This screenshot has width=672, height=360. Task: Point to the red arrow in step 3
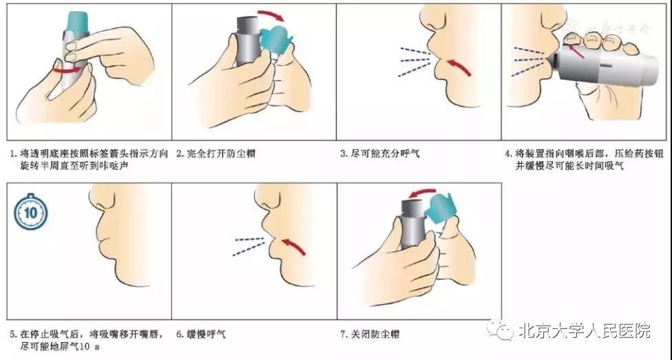click(459, 67)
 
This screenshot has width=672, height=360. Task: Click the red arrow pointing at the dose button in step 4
click(577, 48)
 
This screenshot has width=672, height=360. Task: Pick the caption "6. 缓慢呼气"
click(201, 335)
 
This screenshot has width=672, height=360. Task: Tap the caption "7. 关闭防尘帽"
click(370, 335)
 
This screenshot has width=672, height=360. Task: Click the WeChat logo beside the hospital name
click(499, 331)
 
